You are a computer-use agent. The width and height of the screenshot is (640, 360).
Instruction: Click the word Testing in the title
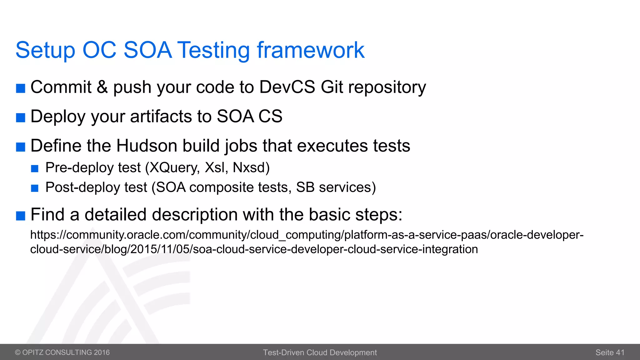214,50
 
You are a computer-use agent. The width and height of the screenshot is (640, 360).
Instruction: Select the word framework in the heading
310,50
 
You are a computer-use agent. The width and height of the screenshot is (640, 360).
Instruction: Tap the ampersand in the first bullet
102,87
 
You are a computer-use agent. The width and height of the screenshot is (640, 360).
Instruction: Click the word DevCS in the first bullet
287,87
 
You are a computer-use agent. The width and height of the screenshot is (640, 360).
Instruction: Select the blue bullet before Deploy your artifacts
21,117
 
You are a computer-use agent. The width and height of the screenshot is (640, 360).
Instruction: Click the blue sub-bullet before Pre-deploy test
35,169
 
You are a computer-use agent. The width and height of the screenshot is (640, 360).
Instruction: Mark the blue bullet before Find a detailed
21,216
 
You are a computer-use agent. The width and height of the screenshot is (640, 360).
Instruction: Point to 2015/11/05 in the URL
160,249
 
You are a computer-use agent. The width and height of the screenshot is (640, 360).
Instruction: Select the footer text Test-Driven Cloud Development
320,352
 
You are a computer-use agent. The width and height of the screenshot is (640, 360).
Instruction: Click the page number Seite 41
610,352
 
